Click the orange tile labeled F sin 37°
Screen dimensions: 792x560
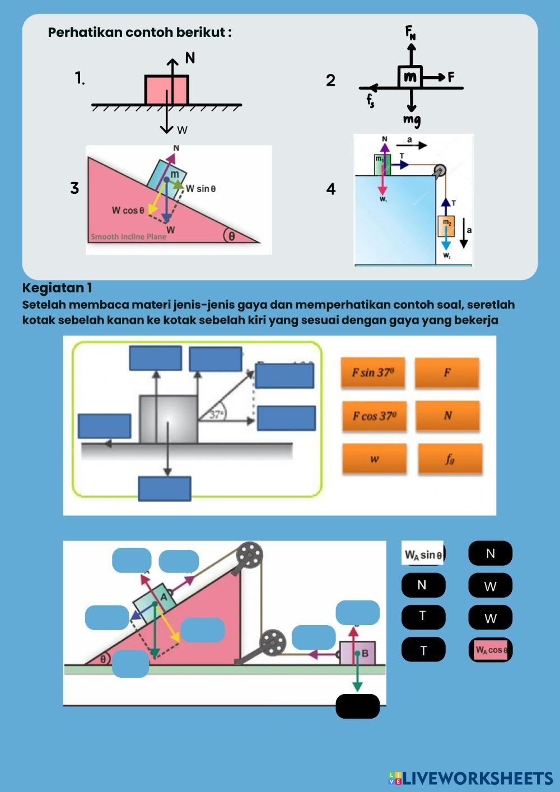pyautogui.click(x=374, y=372)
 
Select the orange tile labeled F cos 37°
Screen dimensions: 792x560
pyautogui.click(x=374, y=416)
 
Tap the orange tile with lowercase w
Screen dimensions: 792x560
pyautogui.click(x=374, y=459)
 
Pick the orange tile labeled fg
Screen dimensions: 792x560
pyautogui.click(x=450, y=459)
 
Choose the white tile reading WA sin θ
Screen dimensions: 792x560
pyautogui.click(x=423, y=554)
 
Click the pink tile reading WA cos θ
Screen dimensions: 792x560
pyautogui.click(x=491, y=650)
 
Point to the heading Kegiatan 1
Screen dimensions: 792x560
pyautogui.click(x=57, y=288)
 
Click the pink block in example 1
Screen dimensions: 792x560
pyautogui.click(x=166, y=90)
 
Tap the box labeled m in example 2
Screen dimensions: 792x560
pyautogui.click(x=410, y=76)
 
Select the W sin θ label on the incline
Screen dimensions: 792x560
pyautogui.click(x=200, y=189)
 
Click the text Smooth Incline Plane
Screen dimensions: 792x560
pyautogui.click(x=128, y=236)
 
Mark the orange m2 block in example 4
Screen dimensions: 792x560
pyautogui.click(x=446, y=225)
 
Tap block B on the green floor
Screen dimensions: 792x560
pyautogui.click(x=358, y=653)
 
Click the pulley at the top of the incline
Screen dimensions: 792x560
pyautogui.click(x=249, y=556)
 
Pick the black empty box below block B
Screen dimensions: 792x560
pyautogui.click(x=357, y=706)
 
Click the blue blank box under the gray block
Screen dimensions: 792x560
pyautogui.click(x=165, y=488)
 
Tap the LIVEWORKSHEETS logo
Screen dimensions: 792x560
pyautogui.click(x=471, y=778)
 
